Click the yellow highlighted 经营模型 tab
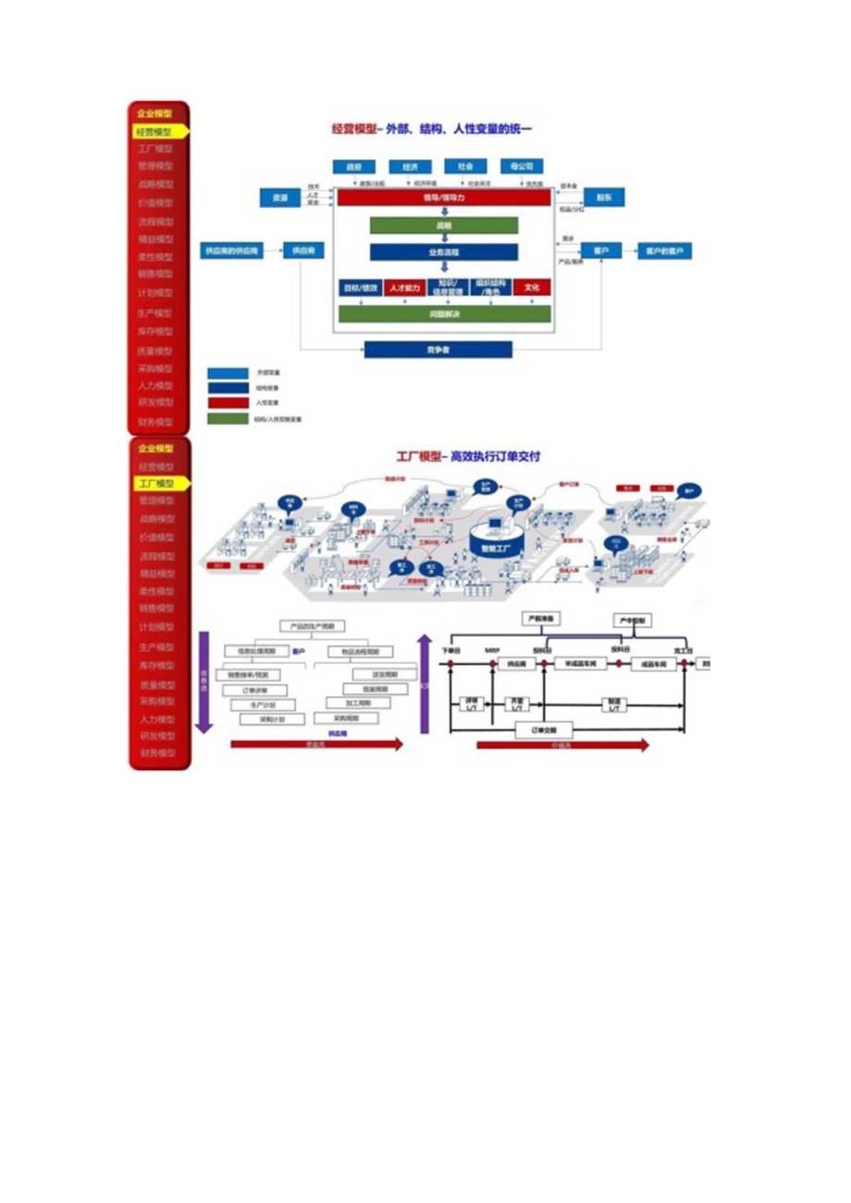(158, 132)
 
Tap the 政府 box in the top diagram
(353, 167)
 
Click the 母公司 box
(521, 166)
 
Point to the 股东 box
(604, 198)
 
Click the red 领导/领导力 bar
(443, 198)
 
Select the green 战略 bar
(443, 225)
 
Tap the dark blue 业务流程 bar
(443, 252)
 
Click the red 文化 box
(531, 288)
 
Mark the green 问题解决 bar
(443, 314)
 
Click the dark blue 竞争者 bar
(438, 350)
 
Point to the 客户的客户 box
(663, 251)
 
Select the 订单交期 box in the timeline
(542, 729)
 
